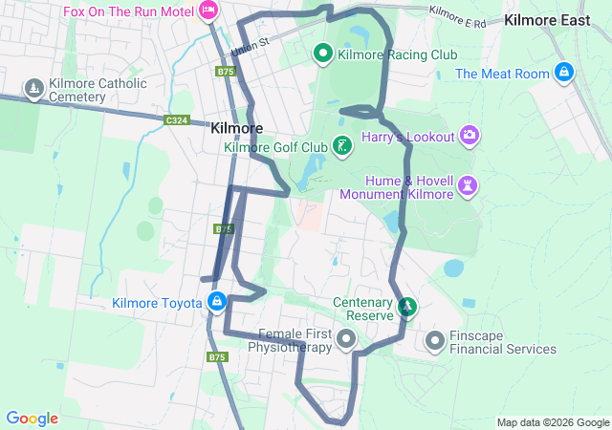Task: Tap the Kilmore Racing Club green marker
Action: [323, 54]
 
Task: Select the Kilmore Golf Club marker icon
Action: [341, 146]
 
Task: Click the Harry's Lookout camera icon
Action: [470, 136]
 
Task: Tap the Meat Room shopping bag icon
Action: [564, 73]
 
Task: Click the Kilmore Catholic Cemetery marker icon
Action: [34, 90]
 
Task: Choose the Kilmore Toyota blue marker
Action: [217, 303]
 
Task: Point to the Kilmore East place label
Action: [548, 19]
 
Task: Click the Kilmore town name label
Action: [236, 127]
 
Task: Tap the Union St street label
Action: [251, 45]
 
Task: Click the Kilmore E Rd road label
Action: [458, 15]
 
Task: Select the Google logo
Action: [32, 418]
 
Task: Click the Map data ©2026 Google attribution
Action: [552, 422]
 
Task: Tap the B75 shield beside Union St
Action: [226, 71]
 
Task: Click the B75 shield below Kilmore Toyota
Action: [218, 357]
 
